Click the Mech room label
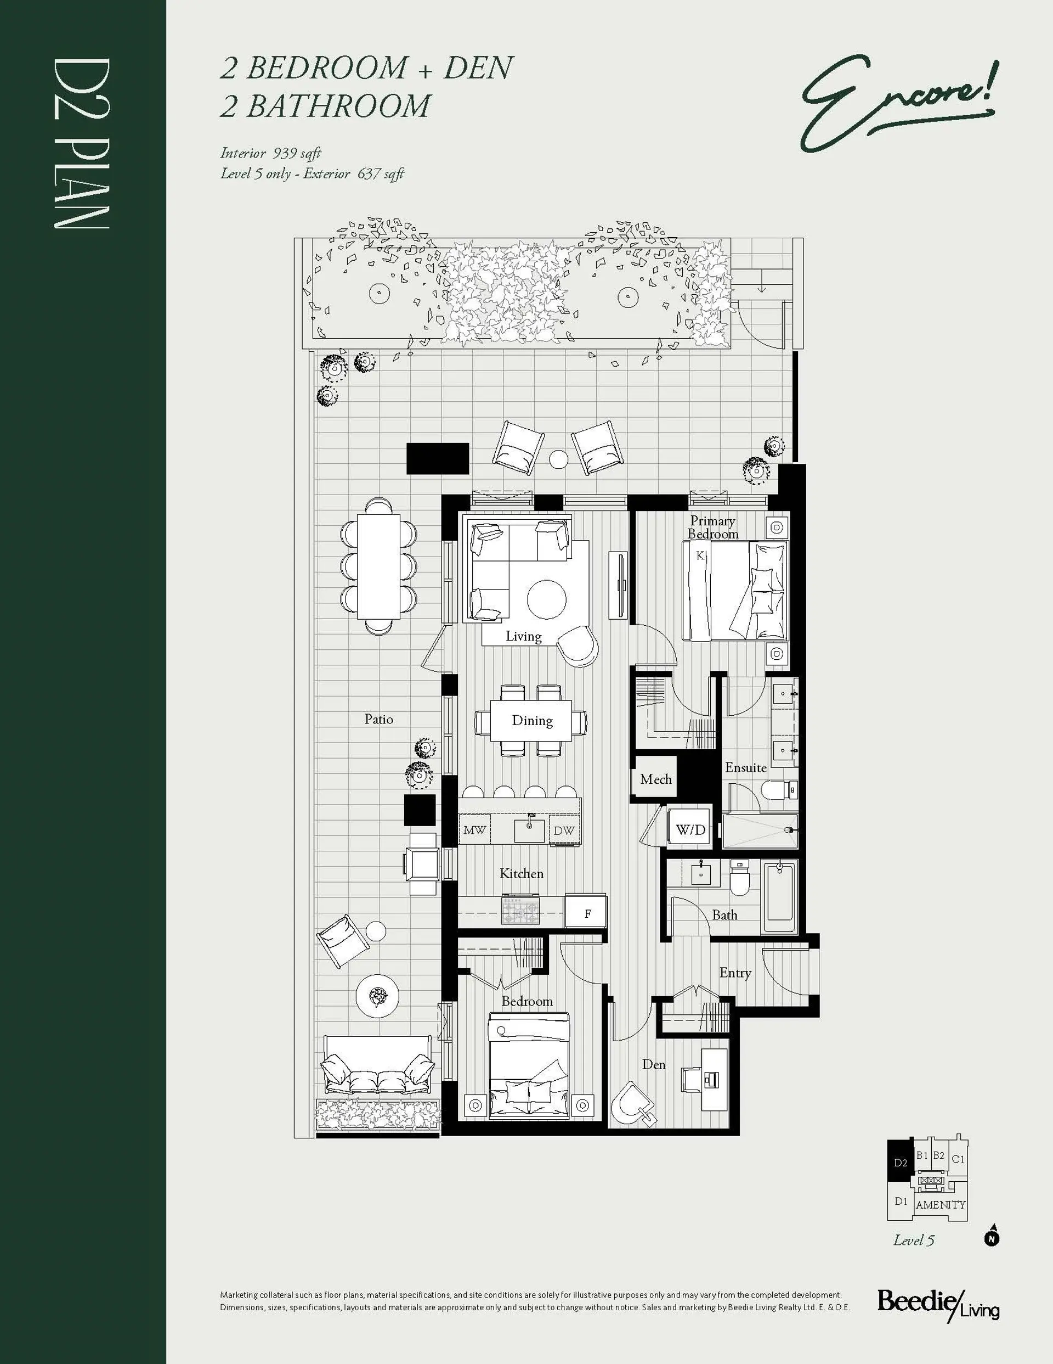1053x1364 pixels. pyautogui.click(x=655, y=779)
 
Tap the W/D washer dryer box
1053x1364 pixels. pyautogui.click(x=690, y=830)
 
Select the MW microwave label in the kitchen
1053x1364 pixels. pyautogui.click(x=474, y=830)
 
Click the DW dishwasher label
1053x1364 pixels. pyautogui.click(x=564, y=830)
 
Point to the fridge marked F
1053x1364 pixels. pyautogui.click(x=586, y=913)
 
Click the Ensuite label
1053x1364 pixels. pyautogui.click(x=745, y=767)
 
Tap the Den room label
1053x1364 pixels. pyautogui.click(x=654, y=1064)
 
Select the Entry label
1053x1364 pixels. pyautogui.click(x=735, y=973)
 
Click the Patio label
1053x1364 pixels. pyautogui.click(x=379, y=719)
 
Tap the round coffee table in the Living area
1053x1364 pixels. pyautogui.click(x=547, y=599)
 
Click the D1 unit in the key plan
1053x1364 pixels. pyautogui.click(x=900, y=1201)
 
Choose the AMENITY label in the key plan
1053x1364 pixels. pyautogui.click(x=940, y=1205)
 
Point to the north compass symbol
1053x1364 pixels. pyautogui.click(x=991, y=1237)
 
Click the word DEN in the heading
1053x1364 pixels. pyautogui.click(x=478, y=68)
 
